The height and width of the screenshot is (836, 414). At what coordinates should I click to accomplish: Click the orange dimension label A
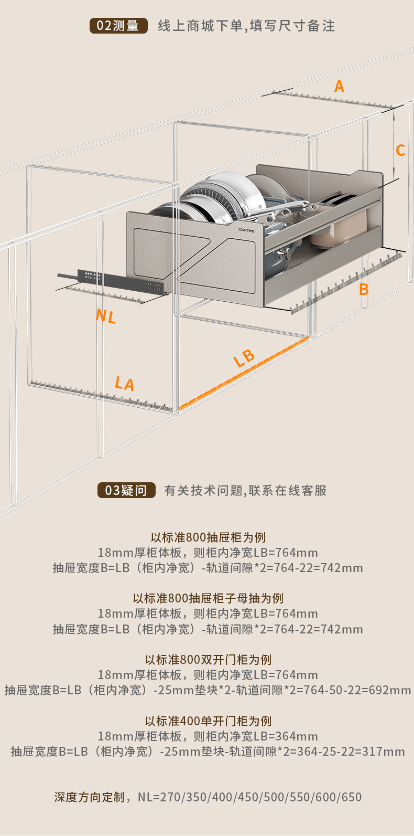(x=339, y=86)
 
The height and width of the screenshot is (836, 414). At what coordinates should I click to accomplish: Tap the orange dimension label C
(x=400, y=151)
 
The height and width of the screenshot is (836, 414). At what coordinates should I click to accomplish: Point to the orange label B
(x=364, y=289)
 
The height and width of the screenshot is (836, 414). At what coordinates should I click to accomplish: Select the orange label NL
(x=105, y=316)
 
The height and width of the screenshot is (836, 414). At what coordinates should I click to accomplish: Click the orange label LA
(x=125, y=384)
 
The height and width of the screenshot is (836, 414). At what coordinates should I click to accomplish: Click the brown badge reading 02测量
(x=118, y=26)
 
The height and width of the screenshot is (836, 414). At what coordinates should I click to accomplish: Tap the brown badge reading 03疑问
(x=126, y=490)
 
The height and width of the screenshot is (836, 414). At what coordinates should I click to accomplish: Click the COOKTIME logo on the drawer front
(x=246, y=230)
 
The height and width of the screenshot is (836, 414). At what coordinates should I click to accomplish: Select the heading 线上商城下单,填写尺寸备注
(x=246, y=26)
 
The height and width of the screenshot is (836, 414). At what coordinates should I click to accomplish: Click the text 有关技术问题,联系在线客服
(x=245, y=490)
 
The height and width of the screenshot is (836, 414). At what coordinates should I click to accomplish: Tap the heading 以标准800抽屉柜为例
(x=208, y=537)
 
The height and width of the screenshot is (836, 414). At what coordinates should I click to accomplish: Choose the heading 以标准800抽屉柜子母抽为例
(x=208, y=598)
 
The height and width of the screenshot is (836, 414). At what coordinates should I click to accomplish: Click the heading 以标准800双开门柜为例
(x=208, y=660)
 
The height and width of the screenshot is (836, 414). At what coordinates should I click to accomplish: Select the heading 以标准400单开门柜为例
(x=208, y=721)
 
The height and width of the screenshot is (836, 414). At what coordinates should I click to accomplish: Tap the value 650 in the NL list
(x=352, y=797)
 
